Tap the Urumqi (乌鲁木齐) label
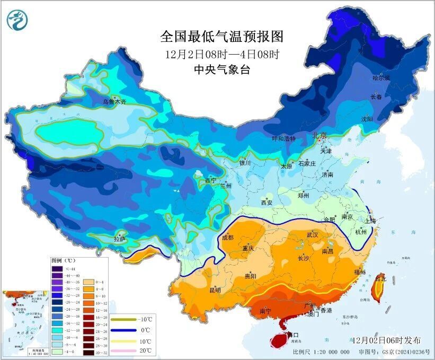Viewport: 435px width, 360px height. tap(114, 101)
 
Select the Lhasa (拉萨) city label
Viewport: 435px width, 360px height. tap(120, 239)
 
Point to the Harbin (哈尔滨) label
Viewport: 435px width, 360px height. tap(380, 78)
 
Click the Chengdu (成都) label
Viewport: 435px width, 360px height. tap(228, 238)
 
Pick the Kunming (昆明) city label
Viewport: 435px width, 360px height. tap(215, 289)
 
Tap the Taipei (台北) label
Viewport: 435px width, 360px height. tap(380, 278)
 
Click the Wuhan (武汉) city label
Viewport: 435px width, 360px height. tap(312, 234)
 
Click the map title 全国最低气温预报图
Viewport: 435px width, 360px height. tap(222, 37)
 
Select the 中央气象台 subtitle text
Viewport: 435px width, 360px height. tap(222, 69)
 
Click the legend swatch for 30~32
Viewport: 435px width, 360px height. tap(87, 352)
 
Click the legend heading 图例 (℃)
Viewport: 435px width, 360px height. tap(64, 261)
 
